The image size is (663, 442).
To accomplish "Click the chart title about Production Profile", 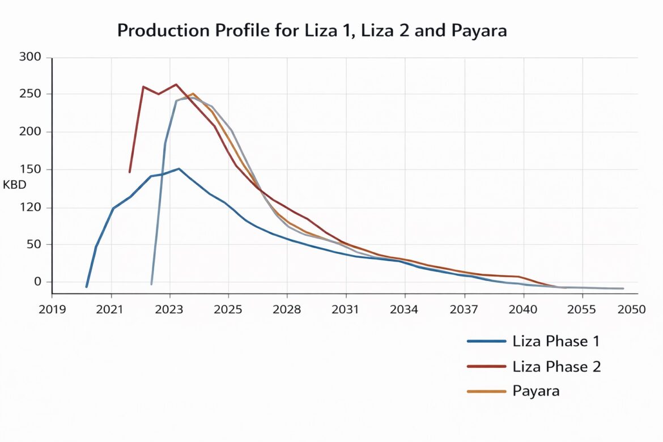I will (312, 31).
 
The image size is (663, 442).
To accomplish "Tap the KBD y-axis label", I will (15, 185).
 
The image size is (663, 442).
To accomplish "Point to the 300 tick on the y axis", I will (30, 57).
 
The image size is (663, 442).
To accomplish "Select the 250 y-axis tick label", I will (30, 94).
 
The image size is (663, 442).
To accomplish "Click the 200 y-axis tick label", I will (30, 132).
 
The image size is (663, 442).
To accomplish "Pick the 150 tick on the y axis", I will (30, 169).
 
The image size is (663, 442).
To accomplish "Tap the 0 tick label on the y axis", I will (39, 282).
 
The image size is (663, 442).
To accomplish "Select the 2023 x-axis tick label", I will (169, 309).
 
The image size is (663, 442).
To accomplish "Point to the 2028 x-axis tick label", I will (287, 309).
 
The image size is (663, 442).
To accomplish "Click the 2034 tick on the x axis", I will (405, 309).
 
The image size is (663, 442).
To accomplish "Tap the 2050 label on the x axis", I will (631, 309).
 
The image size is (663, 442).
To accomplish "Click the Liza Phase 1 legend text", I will (556, 341).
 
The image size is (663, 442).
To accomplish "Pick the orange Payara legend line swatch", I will (486, 392).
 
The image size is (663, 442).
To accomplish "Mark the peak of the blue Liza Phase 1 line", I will (179, 168).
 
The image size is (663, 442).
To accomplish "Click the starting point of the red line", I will (130, 172).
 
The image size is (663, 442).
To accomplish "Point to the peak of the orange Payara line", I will (193, 93).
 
